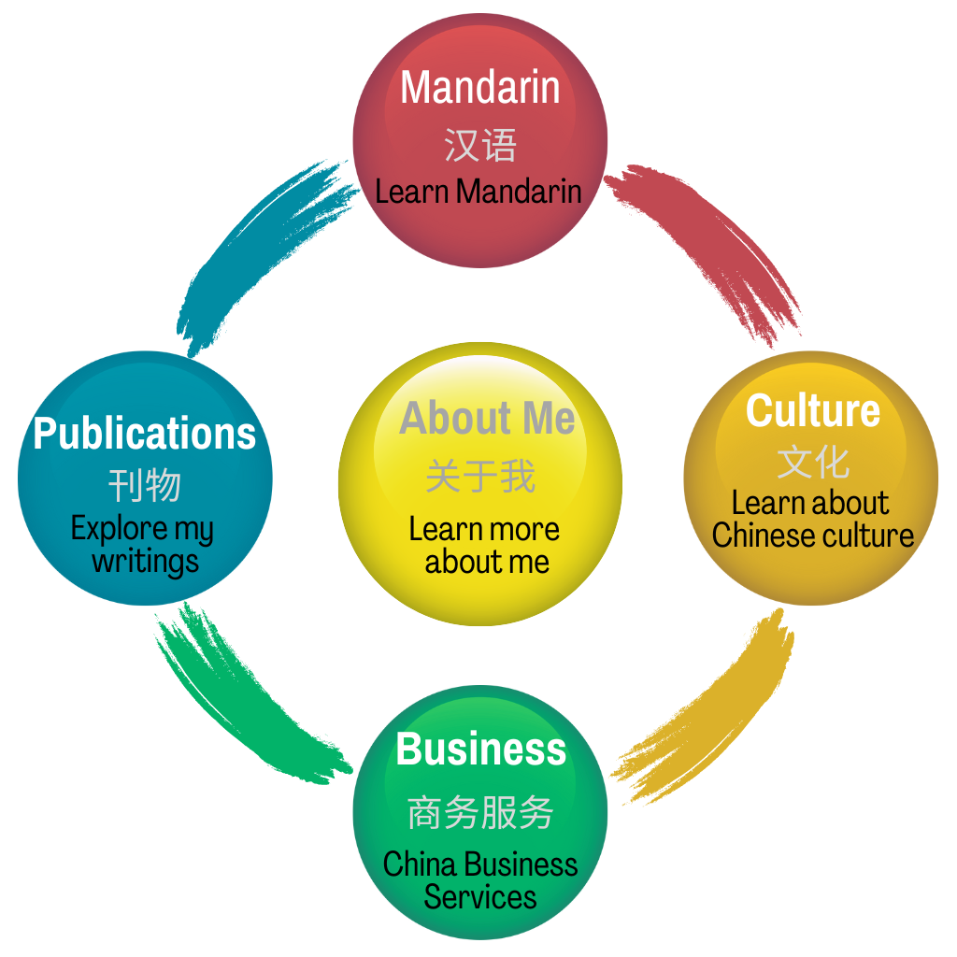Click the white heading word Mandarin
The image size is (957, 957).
[x=480, y=88]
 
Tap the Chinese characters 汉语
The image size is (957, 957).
[x=480, y=146]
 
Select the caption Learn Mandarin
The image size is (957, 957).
[x=478, y=192]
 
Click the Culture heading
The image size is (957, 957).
[x=813, y=411]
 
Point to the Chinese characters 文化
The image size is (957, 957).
[x=813, y=462]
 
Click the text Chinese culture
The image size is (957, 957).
[x=813, y=536]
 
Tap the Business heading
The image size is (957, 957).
[x=481, y=750]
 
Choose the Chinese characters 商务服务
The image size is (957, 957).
[x=481, y=813]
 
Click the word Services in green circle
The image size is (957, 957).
[x=480, y=897]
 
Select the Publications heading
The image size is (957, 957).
[x=145, y=434]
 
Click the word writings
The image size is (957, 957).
[x=145, y=562]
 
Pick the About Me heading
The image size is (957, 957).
[x=487, y=419]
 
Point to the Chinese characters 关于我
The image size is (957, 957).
[x=480, y=477]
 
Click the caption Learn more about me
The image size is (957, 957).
[x=485, y=546]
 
